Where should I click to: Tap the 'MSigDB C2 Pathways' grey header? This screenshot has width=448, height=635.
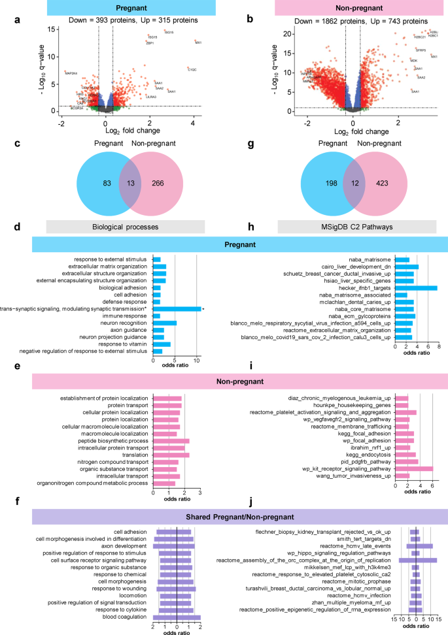356,226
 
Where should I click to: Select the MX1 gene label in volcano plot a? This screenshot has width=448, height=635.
198,42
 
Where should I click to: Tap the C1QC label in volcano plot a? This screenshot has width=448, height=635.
192,69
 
